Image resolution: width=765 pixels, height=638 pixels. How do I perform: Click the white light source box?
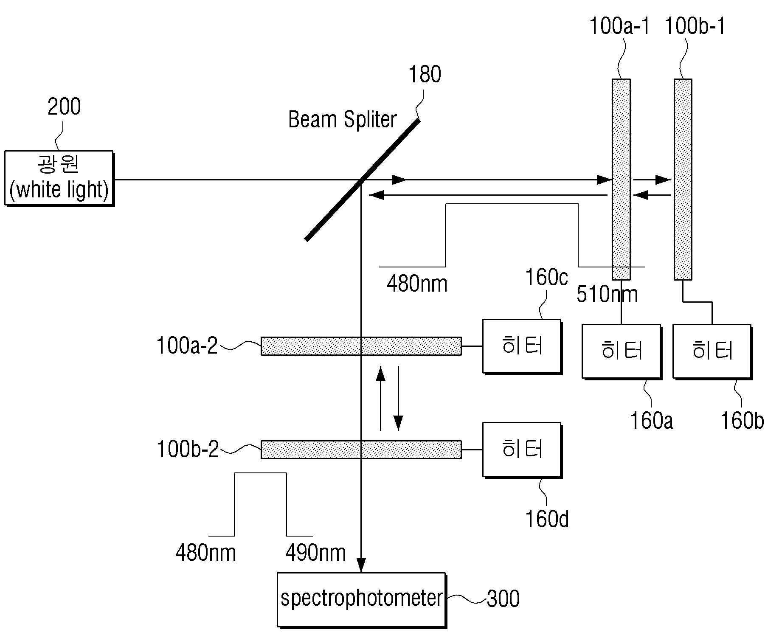[x=59, y=178]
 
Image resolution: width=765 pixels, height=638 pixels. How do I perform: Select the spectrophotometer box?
[x=362, y=600]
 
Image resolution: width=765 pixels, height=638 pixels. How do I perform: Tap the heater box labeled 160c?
[x=522, y=347]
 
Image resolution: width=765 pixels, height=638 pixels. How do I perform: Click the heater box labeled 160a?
[x=622, y=351]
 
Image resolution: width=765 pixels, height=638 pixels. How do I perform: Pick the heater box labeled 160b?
[x=712, y=351]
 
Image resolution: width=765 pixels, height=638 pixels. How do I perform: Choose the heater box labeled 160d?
[x=522, y=450]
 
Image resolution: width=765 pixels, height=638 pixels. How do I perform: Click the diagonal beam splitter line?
[x=363, y=180]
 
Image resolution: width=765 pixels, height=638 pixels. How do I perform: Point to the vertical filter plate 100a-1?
[x=621, y=179]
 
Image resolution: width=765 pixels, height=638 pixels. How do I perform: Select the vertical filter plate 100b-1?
[x=683, y=179]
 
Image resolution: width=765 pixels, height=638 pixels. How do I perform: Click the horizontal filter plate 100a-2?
[x=361, y=346]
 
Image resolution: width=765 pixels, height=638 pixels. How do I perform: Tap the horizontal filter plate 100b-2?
[x=361, y=450]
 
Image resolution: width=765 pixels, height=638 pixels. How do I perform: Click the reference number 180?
[x=425, y=74]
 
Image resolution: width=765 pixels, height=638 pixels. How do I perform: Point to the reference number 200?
[x=64, y=107]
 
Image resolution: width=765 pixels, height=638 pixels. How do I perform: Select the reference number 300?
[x=503, y=599]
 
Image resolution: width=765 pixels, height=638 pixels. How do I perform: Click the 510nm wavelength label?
[x=607, y=294]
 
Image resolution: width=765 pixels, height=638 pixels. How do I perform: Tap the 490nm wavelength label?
[x=315, y=553]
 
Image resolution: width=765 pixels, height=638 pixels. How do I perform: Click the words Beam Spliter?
[x=342, y=120]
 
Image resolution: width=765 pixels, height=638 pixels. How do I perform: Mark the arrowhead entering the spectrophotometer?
[x=361, y=566]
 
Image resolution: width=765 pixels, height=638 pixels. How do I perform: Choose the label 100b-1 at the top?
[x=695, y=26]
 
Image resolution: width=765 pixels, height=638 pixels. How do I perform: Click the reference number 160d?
[x=547, y=519]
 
